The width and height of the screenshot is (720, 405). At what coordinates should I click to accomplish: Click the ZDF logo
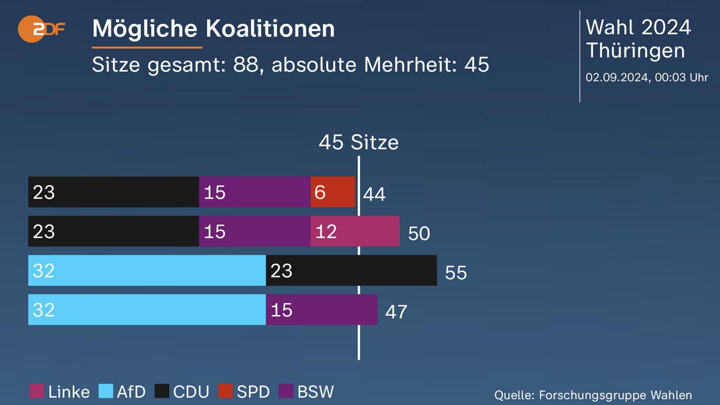pos(41,29)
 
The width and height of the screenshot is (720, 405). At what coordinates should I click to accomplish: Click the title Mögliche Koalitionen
pos(213,28)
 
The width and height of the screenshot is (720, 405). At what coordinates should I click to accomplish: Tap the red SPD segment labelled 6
pos(333,192)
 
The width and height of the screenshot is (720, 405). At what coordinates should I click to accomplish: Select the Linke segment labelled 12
pos(355,231)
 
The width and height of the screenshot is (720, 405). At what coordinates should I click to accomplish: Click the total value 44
pos(374,194)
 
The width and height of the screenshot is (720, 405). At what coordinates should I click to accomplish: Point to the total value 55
pos(456,273)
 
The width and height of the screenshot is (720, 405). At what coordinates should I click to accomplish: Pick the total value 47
pos(396,312)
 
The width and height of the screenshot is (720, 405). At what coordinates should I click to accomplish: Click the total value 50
pos(419,233)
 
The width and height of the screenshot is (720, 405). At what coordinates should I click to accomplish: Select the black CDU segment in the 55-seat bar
pos(351,270)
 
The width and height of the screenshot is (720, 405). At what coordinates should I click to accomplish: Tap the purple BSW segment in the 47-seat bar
pos(321,310)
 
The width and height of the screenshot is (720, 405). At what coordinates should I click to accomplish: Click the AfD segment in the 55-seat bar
pos(147,270)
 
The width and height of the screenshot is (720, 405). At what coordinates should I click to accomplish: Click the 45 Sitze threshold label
pos(358,142)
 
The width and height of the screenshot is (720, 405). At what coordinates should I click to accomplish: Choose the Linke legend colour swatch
pos(37,391)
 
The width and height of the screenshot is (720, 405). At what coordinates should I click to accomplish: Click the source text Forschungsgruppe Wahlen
pos(615,395)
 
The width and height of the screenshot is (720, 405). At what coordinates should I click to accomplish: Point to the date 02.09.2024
pos(617,77)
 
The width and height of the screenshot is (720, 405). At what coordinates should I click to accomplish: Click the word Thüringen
pos(635,51)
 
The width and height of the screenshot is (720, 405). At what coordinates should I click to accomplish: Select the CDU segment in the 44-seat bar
pos(113,192)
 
